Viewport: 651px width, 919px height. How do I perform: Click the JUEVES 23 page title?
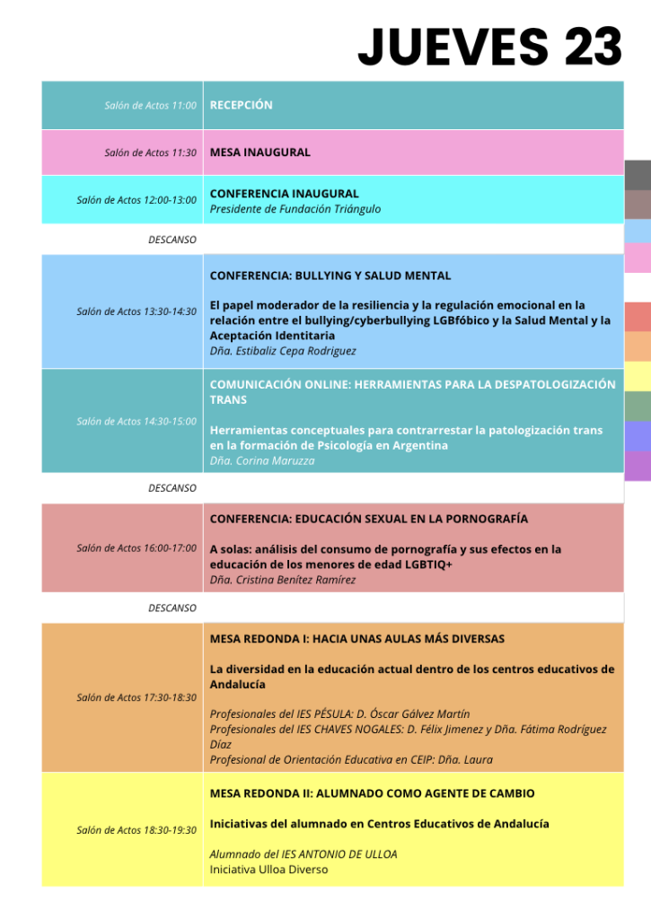(489, 46)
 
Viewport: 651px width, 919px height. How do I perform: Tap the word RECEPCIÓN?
(241, 105)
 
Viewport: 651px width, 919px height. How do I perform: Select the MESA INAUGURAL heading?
(260, 153)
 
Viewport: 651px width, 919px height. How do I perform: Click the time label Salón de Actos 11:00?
(150, 106)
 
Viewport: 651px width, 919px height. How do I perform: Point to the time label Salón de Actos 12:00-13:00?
(136, 199)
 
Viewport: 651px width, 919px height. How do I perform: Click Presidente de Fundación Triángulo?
(295, 209)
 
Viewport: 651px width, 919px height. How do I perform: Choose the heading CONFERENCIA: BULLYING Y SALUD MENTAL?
(330, 276)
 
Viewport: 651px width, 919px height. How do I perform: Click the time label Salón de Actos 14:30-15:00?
(136, 421)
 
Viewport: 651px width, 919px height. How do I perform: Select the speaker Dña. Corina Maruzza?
(262, 460)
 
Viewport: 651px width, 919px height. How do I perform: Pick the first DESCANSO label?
(172, 240)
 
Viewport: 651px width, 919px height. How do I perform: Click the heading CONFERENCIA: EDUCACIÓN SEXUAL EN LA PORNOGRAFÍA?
(369, 519)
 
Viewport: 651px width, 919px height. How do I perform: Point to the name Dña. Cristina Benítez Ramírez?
(283, 580)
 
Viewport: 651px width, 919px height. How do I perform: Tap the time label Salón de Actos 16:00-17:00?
(136, 547)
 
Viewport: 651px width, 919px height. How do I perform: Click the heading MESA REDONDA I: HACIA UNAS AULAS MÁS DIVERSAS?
(357, 639)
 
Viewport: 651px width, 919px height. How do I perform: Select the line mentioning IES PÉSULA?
(339, 713)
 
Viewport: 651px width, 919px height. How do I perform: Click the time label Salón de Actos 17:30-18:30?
(136, 697)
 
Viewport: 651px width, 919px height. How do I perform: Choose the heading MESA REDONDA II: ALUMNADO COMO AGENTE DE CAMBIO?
(372, 793)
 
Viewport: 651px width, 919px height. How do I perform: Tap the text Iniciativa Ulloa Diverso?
(269, 869)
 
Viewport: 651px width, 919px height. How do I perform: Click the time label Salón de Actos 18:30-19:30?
(136, 830)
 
